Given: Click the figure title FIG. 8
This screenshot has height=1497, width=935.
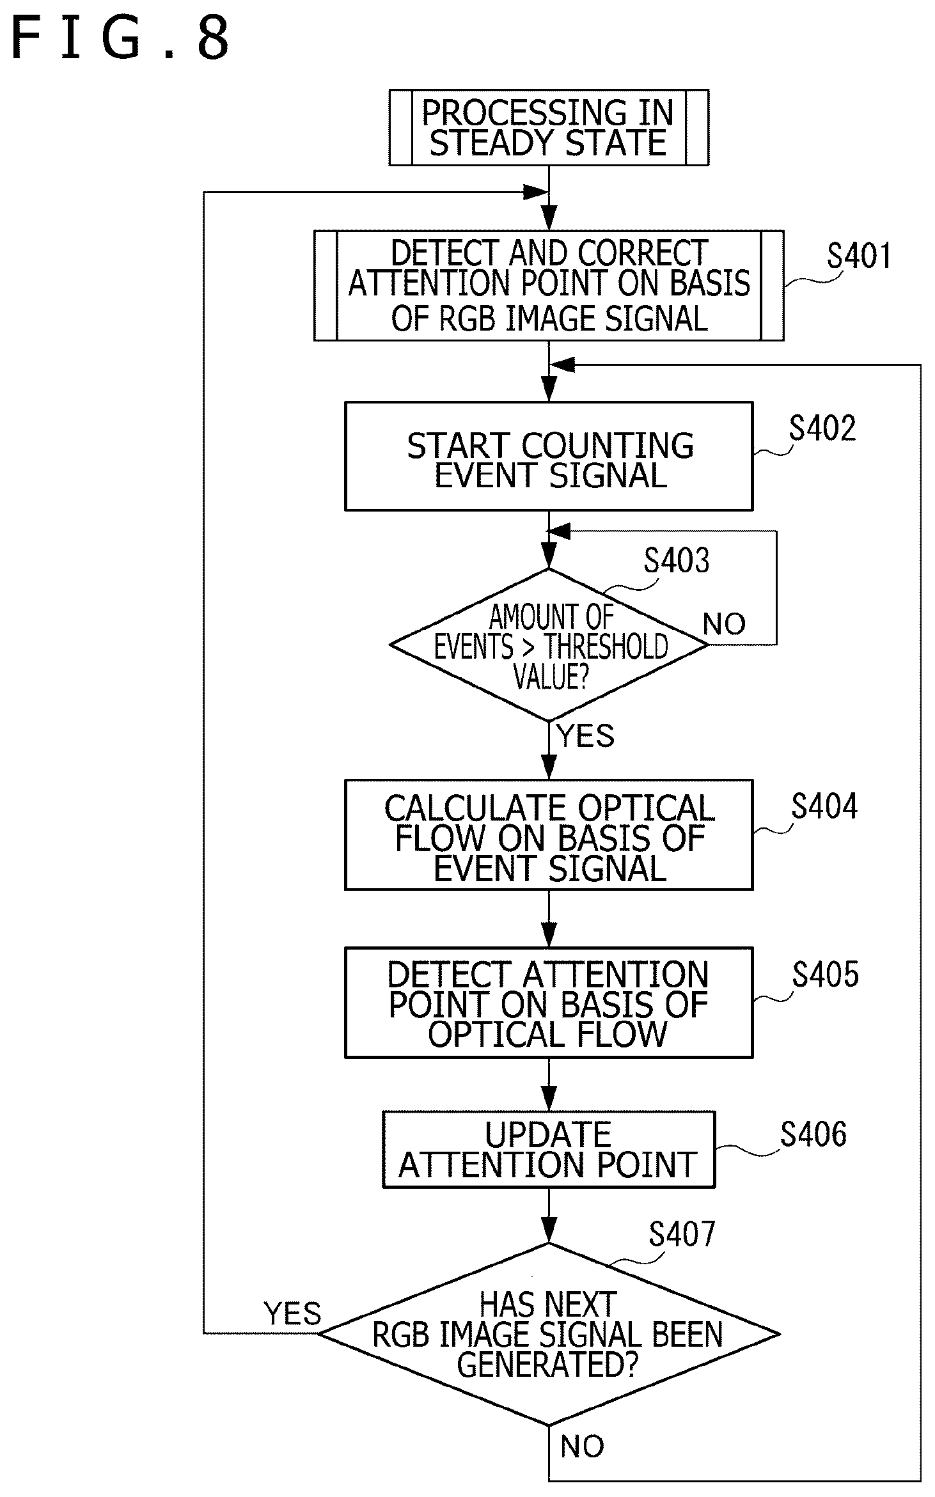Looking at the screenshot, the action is (120, 39).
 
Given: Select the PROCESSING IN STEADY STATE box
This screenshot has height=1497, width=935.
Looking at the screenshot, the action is (549, 128).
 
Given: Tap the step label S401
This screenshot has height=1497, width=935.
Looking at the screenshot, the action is (859, 256).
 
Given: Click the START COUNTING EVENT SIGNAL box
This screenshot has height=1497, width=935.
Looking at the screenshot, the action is (549, 456).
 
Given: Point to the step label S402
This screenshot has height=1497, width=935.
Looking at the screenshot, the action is (822, 428).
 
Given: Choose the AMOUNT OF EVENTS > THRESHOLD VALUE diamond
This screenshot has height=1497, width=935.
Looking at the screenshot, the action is (549, 645).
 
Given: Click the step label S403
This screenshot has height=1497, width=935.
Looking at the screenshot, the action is (677, 560).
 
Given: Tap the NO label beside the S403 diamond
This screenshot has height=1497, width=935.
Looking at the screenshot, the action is (725, 623).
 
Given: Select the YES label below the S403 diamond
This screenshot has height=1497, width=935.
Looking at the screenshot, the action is (585, 735).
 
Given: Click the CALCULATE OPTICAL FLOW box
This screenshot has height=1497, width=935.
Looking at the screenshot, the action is (549, 835).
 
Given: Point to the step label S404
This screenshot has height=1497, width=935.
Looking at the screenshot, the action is (824, 806).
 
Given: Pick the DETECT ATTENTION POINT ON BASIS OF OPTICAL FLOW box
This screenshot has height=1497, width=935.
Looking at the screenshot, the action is (549, 1003).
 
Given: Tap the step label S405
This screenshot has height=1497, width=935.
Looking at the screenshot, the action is (826, 975).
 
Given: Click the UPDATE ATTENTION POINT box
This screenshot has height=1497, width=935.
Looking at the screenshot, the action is (549, 1150).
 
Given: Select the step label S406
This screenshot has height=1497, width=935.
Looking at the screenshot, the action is (813, 1134).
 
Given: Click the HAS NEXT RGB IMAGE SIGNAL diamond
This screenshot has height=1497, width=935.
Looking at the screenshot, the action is (549, 1334).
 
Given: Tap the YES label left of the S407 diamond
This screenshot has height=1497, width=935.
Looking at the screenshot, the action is (293, 1314).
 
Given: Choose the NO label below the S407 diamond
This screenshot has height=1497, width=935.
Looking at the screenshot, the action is (582, 1446).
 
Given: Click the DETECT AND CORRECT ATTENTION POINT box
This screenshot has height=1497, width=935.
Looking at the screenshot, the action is (549, 286).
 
